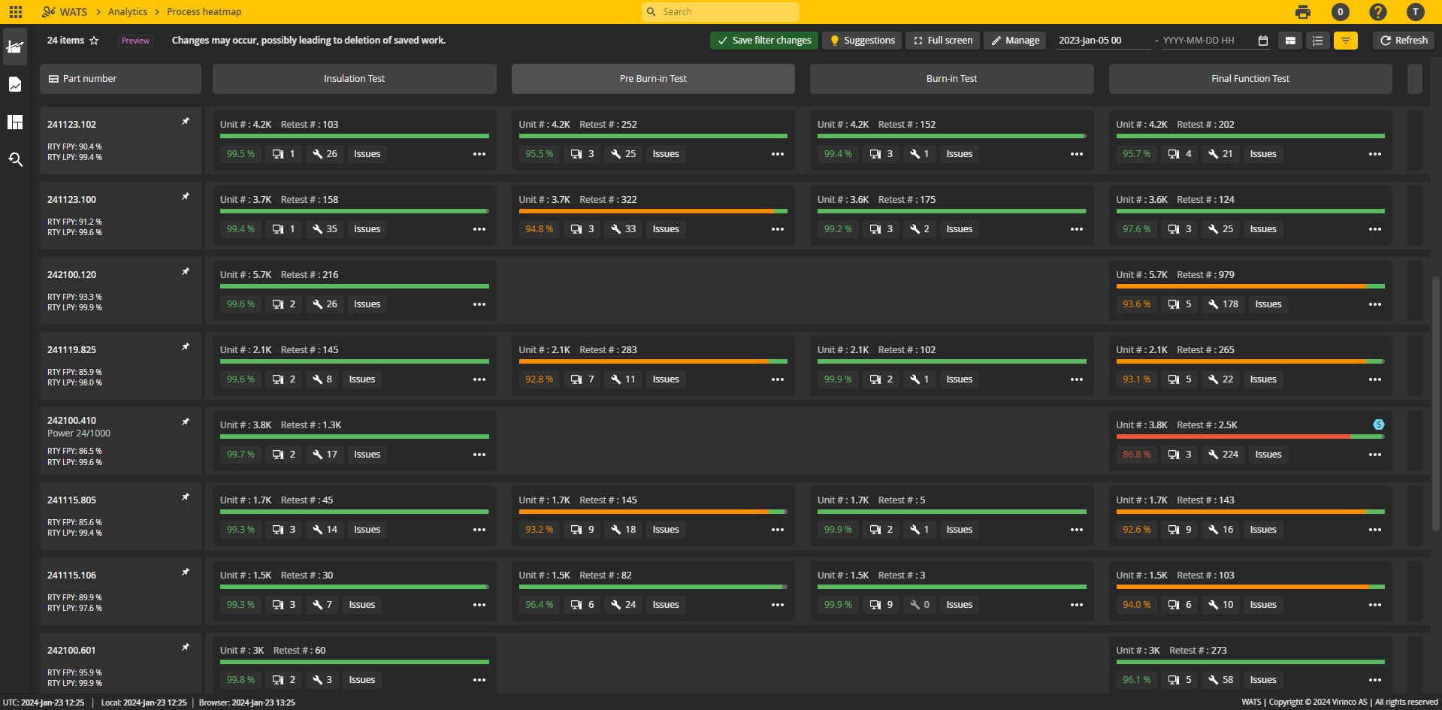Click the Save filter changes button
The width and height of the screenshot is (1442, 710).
point(764,41)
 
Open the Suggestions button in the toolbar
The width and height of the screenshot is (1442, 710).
point(862,41)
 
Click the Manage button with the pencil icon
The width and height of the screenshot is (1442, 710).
point(1014,41)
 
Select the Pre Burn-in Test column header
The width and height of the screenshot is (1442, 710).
point(652,79)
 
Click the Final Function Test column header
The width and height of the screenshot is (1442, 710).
point(1250,79)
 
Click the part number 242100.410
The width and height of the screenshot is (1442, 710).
point(72,421)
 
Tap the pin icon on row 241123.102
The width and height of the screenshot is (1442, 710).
point(186,122)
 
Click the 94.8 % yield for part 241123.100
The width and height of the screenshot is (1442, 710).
point(539,229)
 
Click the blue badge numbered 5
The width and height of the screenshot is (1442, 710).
point(1378,424)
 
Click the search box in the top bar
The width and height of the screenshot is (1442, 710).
point(721,12)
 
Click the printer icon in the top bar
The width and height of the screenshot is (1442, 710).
point(1303,12)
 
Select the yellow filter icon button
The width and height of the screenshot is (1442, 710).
point(1345,41)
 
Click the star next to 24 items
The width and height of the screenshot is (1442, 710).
point(94,41)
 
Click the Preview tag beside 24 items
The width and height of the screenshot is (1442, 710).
point(136,41)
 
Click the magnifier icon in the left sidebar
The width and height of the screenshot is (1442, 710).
point(15,159)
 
